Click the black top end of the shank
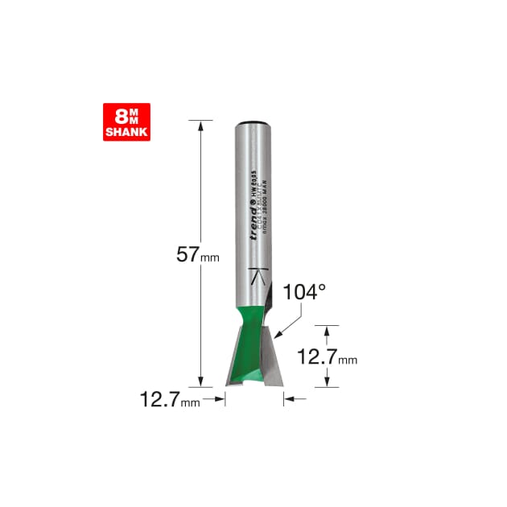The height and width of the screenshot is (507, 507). point(253,122)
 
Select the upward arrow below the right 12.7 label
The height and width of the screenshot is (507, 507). point(326,381)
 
